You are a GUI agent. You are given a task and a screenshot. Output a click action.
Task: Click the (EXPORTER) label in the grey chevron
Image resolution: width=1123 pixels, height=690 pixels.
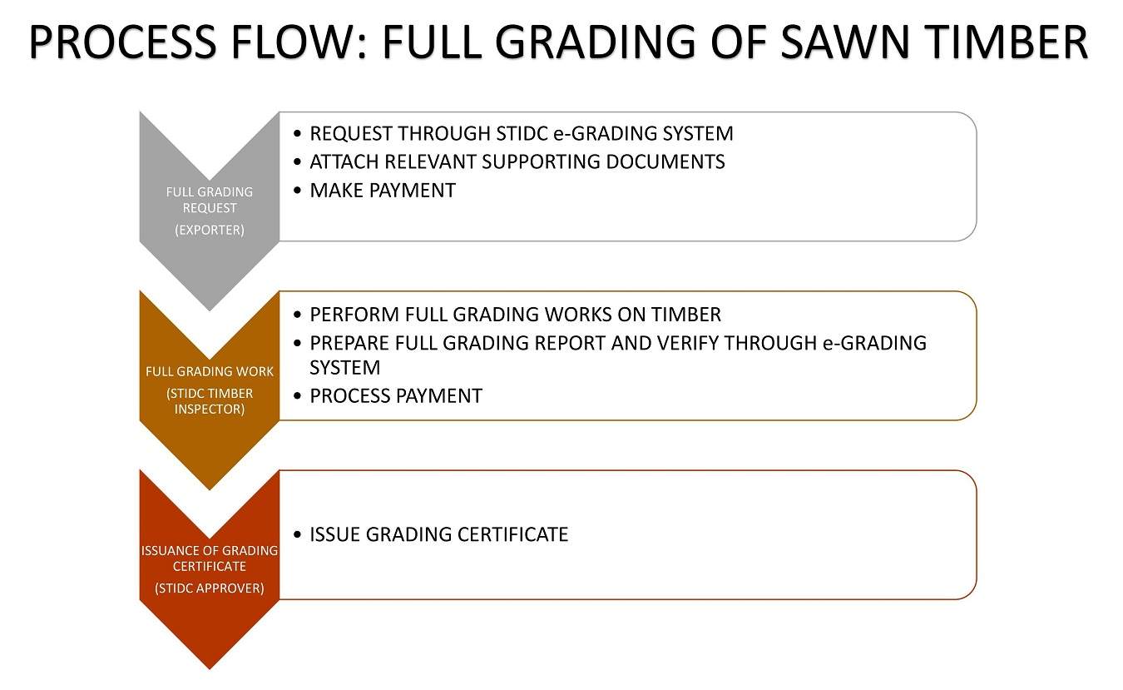(x=210, y=230)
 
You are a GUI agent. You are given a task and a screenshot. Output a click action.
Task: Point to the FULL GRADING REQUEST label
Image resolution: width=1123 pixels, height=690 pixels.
(x=210, y=200)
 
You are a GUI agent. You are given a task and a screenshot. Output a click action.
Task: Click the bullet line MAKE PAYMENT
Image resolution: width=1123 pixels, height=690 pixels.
(x=383, y=191)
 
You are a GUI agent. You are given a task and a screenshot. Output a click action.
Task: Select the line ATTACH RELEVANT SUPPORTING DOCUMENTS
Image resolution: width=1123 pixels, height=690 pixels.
(x=517, y=161)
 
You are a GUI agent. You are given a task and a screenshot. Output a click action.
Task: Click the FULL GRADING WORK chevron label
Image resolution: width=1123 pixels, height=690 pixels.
(x=210, y=371)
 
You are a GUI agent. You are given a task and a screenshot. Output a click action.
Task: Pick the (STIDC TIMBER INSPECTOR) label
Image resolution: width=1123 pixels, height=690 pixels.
(x=210, y=401)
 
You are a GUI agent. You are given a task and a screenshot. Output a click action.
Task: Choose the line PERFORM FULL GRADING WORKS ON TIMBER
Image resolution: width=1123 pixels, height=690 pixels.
(x=515, y=315)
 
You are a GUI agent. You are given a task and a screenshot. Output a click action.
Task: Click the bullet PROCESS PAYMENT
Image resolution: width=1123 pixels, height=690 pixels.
(x=396, y=396)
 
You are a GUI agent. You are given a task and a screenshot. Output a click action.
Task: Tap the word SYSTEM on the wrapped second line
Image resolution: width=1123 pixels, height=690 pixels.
(x=344, y=367)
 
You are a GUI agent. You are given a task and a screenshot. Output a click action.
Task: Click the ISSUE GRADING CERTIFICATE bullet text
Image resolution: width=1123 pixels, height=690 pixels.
(x=438, y=534)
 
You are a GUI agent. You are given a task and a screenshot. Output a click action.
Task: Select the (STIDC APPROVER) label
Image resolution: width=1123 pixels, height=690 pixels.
(x=210, y=588)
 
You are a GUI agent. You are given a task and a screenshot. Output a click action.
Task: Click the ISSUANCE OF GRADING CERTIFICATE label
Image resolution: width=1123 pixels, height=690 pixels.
(x=210, y=558)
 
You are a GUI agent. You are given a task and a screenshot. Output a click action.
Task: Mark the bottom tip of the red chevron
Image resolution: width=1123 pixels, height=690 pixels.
(x=210, y=668)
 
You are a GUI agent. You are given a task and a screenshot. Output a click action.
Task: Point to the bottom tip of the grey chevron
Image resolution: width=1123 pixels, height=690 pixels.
(x=210, y=310)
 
